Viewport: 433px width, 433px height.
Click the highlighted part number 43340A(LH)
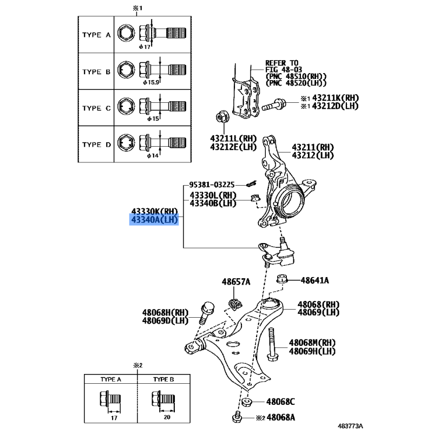pos(154,220)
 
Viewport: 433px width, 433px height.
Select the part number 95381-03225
pos(212,185)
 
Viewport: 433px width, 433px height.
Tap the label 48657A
pos(236,281)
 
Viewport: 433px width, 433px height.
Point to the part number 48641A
pos(315,280)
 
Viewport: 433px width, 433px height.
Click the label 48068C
pos(280,402)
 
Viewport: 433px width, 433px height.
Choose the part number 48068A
pos(281,417)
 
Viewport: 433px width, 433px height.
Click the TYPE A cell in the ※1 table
pos(96,35)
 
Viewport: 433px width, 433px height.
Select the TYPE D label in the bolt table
pos(96,145)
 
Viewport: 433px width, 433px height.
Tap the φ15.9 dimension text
pos(151,82)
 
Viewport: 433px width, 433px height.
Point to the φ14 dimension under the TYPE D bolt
pos(153,156)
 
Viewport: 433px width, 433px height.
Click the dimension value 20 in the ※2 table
pos(167,417)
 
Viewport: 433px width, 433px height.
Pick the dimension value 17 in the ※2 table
pos(114,418)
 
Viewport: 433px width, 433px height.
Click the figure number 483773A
pos(350,426)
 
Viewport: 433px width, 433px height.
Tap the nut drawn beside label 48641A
pos(282,279)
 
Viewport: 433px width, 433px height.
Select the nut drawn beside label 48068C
pos(246,402)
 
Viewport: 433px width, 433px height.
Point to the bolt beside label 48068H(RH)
pos(206,313)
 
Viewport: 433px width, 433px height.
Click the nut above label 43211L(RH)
pos(221,117)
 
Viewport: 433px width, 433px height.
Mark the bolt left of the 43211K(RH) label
pos(274,104)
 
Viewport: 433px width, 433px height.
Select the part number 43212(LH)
pos(313,155)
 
